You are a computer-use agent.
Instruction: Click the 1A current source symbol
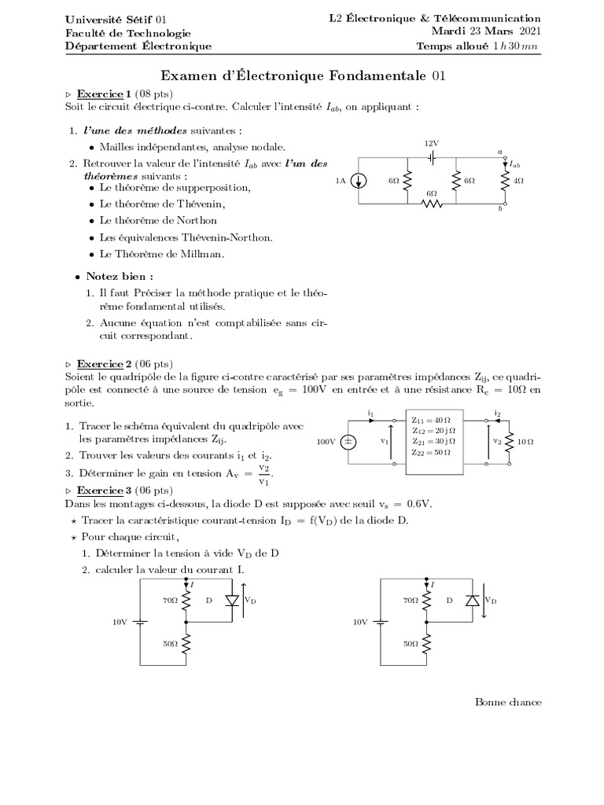coord(359,181)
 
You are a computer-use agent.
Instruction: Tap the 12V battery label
coord(431,143)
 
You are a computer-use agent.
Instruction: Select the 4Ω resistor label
coord(518,181)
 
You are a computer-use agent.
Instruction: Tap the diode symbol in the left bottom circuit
coord(231,600)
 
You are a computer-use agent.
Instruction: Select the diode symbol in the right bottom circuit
coord(472,600)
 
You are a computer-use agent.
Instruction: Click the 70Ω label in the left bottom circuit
coord(170,600)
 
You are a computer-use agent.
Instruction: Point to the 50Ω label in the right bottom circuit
coord(411,643)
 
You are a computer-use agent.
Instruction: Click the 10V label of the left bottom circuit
coord(119,621)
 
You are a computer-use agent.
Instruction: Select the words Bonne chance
coord(508,702)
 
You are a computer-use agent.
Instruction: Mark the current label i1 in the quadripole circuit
coord(370,412)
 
